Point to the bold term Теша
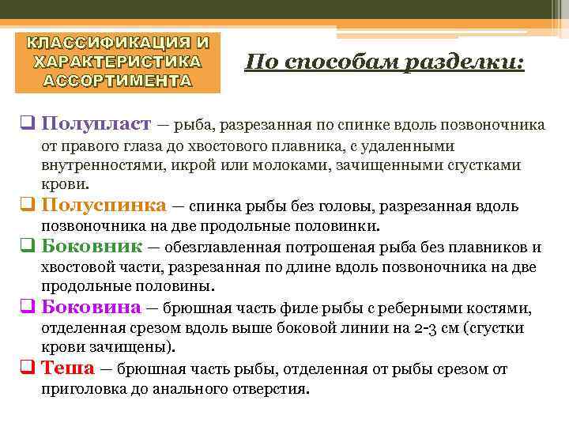67,368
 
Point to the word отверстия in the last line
272,389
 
